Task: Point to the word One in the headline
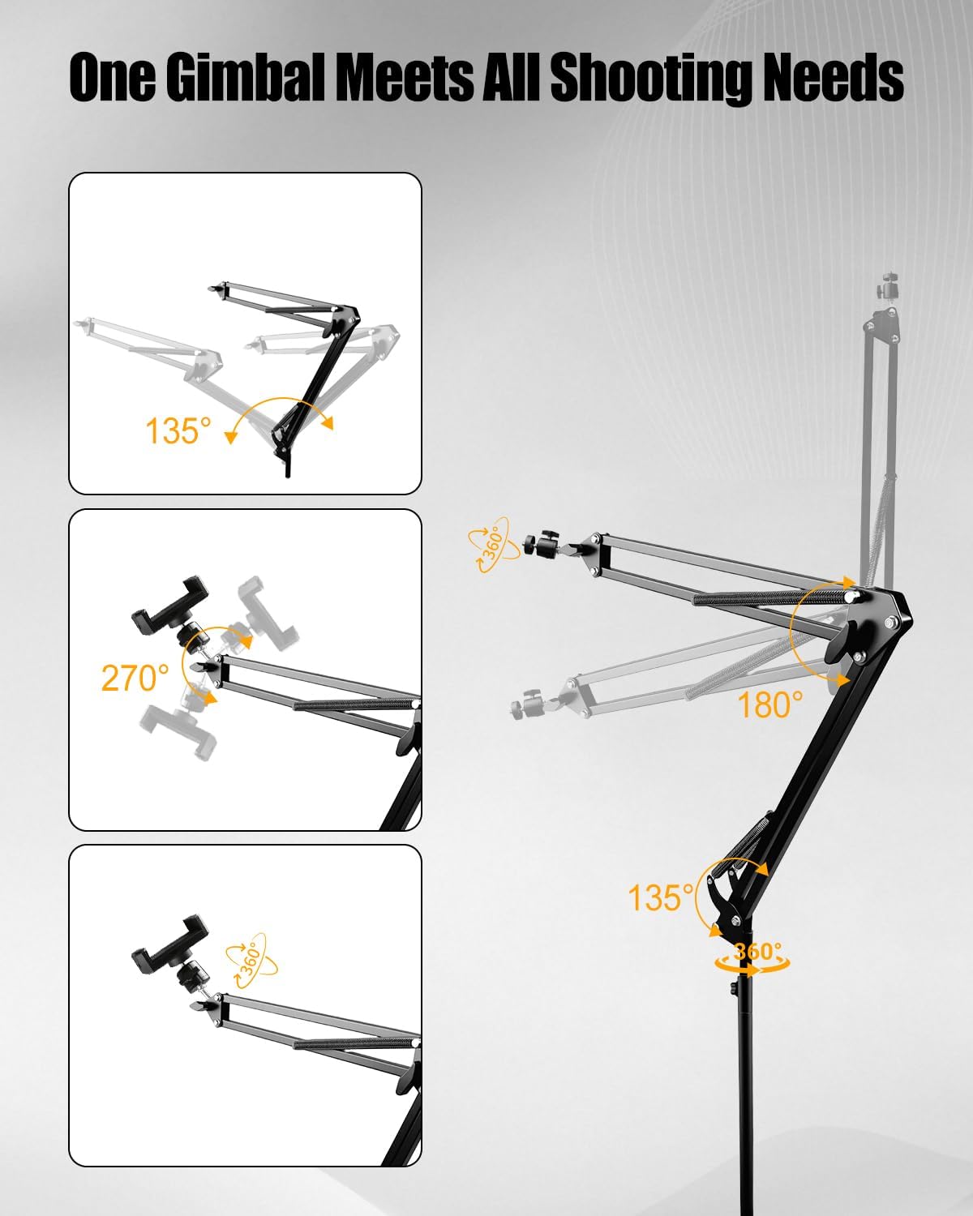click(x=111, y=78)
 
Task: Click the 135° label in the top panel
click(x=178, y=430)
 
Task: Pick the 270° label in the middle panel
click(x=135, y=678)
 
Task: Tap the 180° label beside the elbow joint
click(x=770, y=705)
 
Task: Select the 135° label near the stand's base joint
click(x=661, y=897)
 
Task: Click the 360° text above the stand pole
click(x=757, y=952)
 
